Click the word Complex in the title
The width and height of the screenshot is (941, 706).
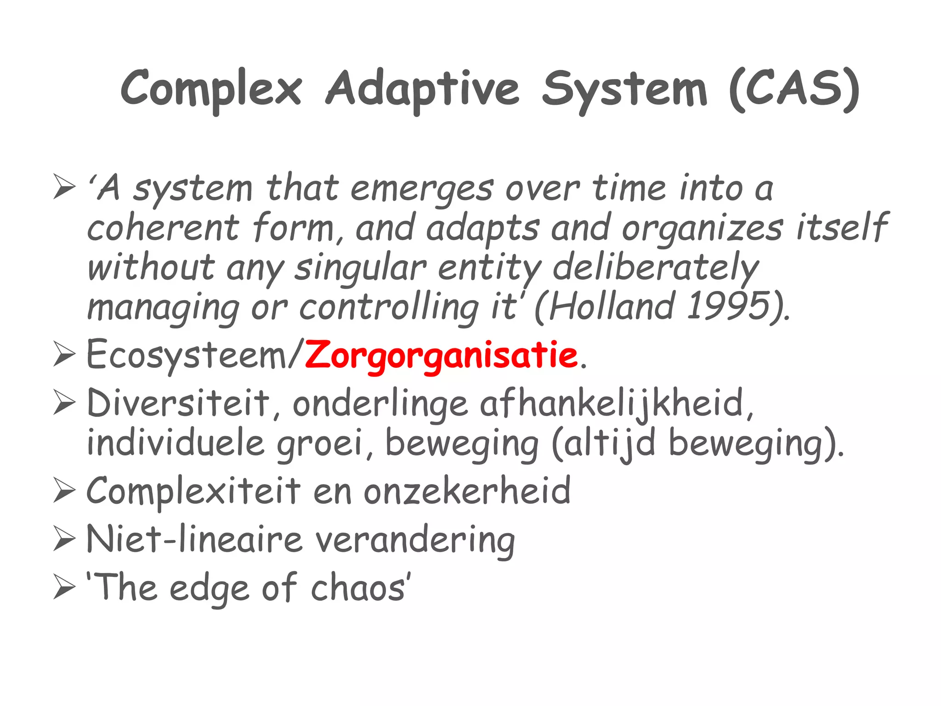point(211,88)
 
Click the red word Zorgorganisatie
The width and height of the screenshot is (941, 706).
point(441,356)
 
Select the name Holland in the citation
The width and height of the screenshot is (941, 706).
point(611,306)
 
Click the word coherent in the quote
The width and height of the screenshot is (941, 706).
point(163,228)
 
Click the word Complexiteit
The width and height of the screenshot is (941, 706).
point(193,491)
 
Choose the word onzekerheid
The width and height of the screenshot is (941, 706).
point(467,491)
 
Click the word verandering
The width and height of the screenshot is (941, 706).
point(415,540)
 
